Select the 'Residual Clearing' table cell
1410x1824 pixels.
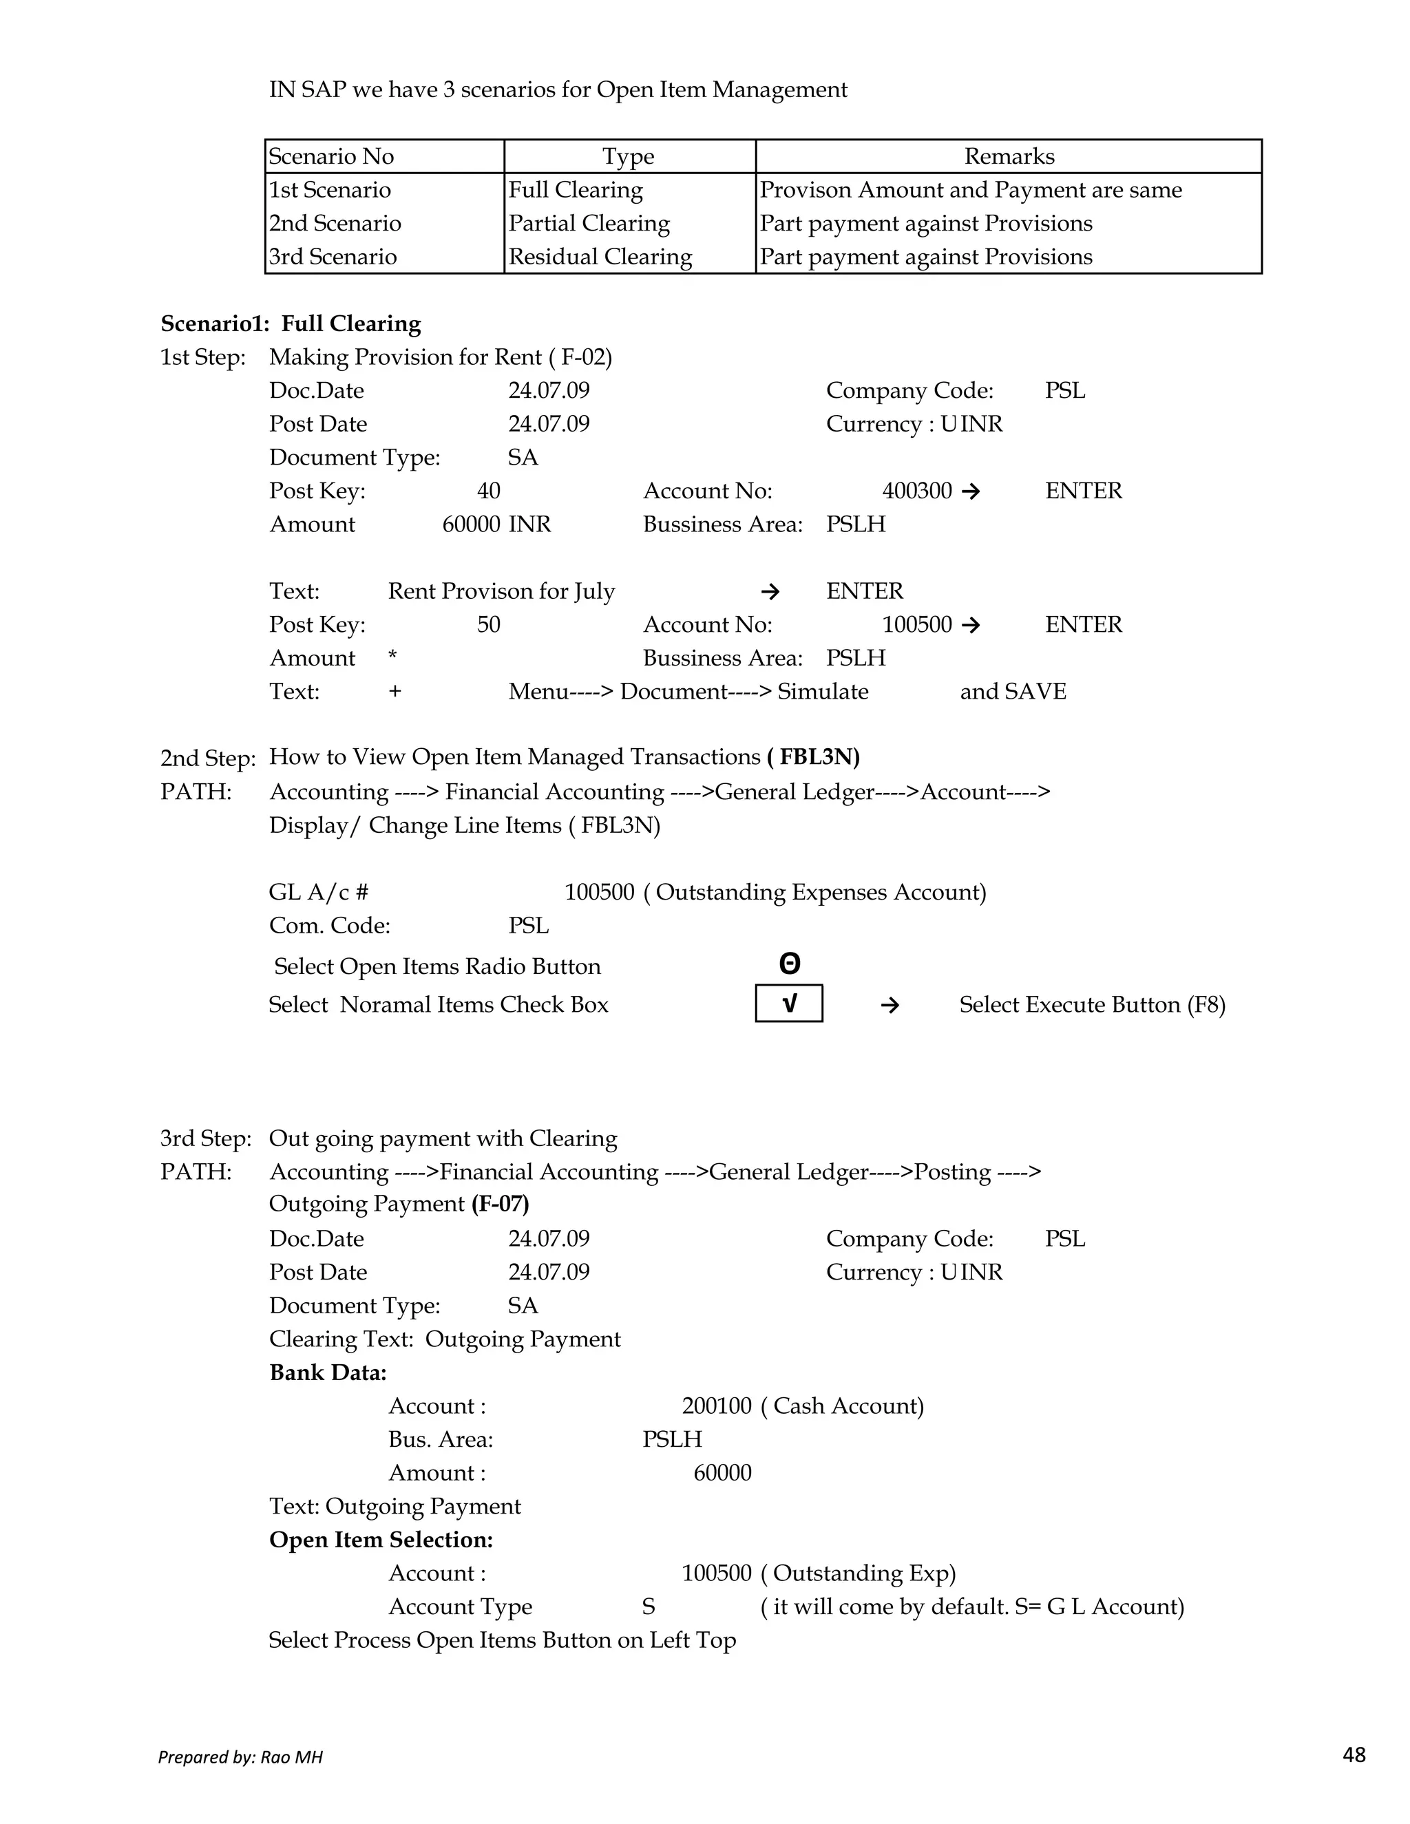pos(600,257)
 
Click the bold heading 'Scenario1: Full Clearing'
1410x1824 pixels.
pos(291,324)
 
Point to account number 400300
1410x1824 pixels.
pos(916,490)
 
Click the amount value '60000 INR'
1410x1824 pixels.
pos(496,524)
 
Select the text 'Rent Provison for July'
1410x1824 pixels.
pos(501,591)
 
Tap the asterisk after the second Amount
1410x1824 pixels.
pos(392,657)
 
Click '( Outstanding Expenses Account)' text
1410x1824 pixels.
pos(814,892)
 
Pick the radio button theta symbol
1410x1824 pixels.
pos(790,964)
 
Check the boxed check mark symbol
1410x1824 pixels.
pos(790,1003)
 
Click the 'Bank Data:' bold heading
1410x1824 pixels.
pos(328,1372)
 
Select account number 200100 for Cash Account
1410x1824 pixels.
pos(716,1406)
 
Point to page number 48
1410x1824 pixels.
pos(1353,1754)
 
